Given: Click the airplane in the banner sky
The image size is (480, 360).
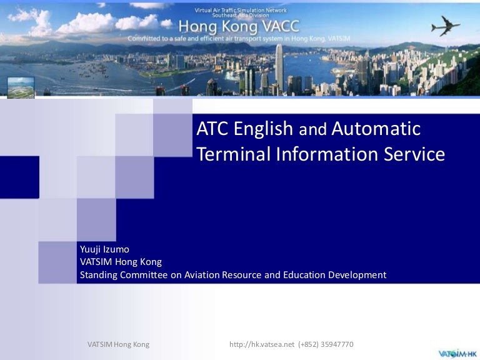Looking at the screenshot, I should pos(446,26).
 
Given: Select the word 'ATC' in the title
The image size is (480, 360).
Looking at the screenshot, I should pos(213,129).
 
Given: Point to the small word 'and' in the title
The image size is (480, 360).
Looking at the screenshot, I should pos(312,130).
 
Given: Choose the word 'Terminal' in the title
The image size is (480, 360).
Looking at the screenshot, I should pos(231,154).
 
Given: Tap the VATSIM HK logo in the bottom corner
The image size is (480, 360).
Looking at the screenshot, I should pos(457,353).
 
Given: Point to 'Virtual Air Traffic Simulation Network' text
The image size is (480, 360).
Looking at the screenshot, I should pos(240,9).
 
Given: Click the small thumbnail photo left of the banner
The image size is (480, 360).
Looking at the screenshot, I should pos(21,87).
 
